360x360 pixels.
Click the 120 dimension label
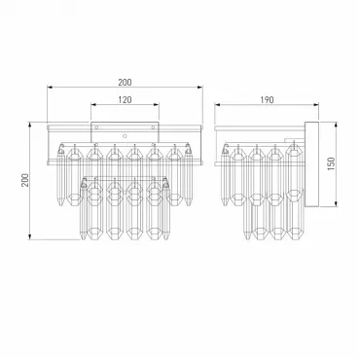coord(125,99)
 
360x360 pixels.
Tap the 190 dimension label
coord(267,99)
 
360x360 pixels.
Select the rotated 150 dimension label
coord(331,164)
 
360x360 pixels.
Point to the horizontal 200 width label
coord(125,83)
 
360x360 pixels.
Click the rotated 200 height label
coord(25,180)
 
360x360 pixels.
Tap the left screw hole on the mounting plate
coord(96,127)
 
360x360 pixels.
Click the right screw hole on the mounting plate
coord(153,127)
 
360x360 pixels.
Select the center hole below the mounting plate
coord(125,136)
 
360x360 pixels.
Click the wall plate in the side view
coord(311,164)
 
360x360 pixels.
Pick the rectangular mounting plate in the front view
coord(125,131)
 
